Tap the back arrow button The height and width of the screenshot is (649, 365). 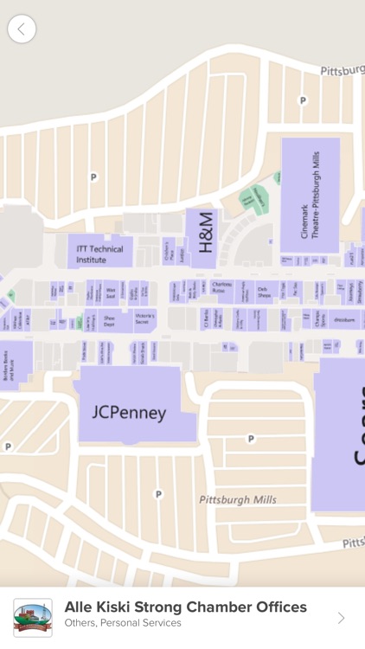pos(22,29)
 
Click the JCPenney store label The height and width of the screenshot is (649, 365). pos(129,412)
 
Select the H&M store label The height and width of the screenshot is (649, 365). pos(206,232)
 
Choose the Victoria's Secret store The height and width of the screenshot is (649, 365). pos(144,319)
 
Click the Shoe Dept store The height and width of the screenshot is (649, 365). pos(109,319)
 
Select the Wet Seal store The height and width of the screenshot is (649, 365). pos(111,291)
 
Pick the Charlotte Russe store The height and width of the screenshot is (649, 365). pos(222,287)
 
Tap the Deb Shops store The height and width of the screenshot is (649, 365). pos(264,291)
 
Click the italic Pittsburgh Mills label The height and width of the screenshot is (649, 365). pos(237,500)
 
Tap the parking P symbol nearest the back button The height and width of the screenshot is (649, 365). pos(93,177)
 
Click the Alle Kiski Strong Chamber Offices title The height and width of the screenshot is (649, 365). pos(185,607)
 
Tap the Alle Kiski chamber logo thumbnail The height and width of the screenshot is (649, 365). pos(33,617)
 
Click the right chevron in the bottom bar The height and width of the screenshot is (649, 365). pos(341,617)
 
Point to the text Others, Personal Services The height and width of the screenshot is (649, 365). pos(122,623)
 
